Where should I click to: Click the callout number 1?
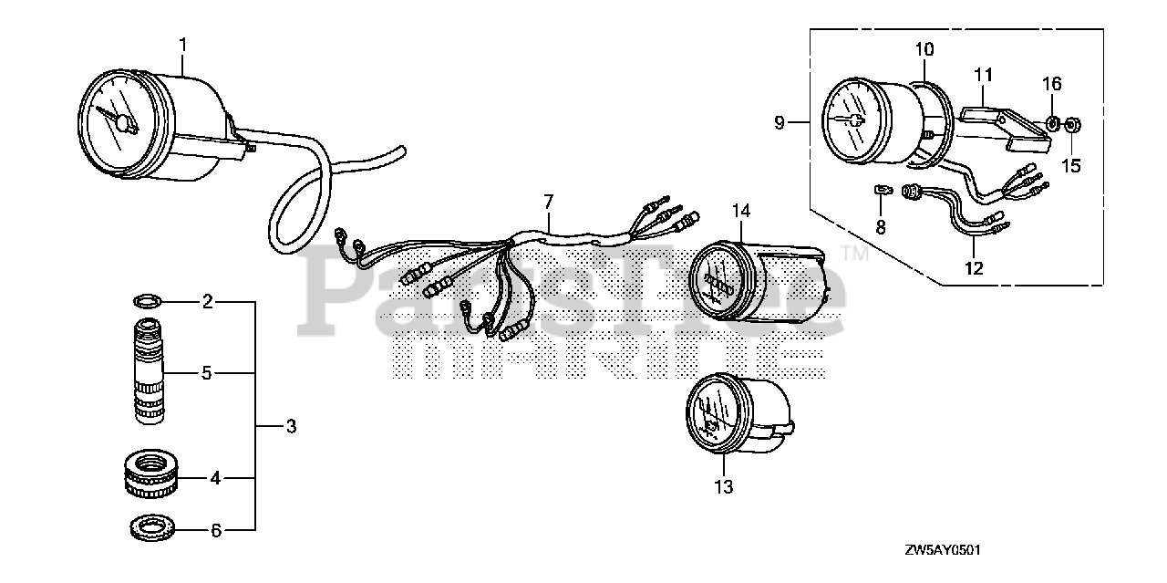click(183, 43)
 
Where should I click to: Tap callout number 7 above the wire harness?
click(548, 200)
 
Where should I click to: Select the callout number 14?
click(740, 211)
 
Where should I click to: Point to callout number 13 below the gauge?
click(723, 487)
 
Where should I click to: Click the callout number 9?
click(780, 122)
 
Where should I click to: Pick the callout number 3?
click(291, 426)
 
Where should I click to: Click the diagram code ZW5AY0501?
click(943, 551)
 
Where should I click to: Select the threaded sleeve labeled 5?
click(150, 372)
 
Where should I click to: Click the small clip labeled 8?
click(881, 190)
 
